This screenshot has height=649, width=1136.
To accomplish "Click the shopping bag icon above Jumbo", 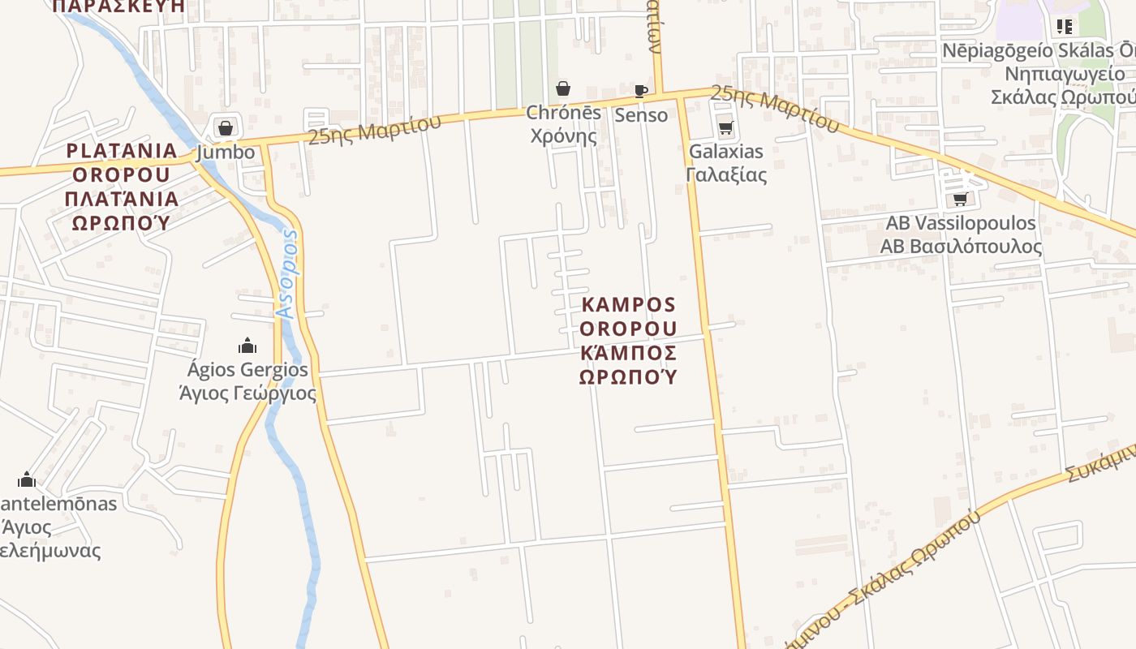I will [x=226, y=128].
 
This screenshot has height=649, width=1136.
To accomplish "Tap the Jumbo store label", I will [x=226, y=153].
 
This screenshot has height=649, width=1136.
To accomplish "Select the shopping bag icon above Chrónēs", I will [x=563, y=88].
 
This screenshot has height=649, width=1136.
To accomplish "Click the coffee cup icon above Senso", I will [x=641, y=91].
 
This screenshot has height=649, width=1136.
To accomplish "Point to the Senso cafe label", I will [x=641, y=115].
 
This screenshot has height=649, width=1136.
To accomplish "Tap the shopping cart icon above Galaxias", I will [x=725, y=128].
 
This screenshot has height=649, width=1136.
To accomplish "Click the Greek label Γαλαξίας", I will [x=725, y=174].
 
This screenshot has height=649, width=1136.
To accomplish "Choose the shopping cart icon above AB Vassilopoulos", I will [x=961, y=199].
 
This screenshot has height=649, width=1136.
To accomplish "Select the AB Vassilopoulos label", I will [x=961, y=223].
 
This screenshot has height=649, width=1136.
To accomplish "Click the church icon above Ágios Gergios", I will [x=247, y=346].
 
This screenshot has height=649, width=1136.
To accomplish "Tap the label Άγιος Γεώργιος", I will [x=247, y=394].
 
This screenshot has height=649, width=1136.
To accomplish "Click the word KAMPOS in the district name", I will [x=629, y=305].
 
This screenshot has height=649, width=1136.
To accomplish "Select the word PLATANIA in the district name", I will [x=122, y=151].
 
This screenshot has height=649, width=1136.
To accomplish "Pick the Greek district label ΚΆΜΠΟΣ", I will [x=629, y=353].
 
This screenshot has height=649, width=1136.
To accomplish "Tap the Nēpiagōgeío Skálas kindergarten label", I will [x=1039, y=51].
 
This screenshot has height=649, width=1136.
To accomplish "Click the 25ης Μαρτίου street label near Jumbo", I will [x=374, y=130].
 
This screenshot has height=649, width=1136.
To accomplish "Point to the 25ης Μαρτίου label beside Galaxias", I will [x=775, y=109].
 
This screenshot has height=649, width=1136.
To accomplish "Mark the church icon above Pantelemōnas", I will [x=27, y=479].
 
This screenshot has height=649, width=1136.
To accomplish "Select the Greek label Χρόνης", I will [x=563, y=135].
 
